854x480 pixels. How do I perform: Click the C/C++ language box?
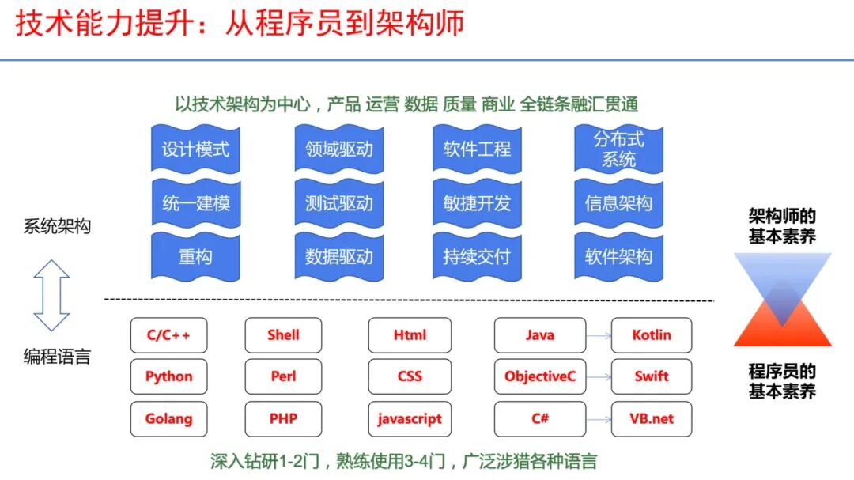pos(169,335)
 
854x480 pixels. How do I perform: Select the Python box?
pos(169,376)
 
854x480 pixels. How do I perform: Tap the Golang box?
pos(169,419)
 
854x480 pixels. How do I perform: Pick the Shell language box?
pos(284,335)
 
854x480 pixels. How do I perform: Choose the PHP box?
pos(284,419)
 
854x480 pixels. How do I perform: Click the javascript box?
pos(410,419)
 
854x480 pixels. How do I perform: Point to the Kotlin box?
pos(652,335)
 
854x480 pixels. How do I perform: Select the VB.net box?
pos(652,419)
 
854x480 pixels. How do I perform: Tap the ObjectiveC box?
pos(540,376)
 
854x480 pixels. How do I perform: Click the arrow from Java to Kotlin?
pos(599,336)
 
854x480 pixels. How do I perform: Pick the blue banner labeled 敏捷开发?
pos(477,203)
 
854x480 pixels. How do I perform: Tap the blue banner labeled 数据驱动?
pos(339,257)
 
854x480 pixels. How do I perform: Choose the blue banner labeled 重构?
pos(195,257)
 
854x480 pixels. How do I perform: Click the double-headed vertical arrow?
pos(52,295)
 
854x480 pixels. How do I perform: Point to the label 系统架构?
pos(57,227)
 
